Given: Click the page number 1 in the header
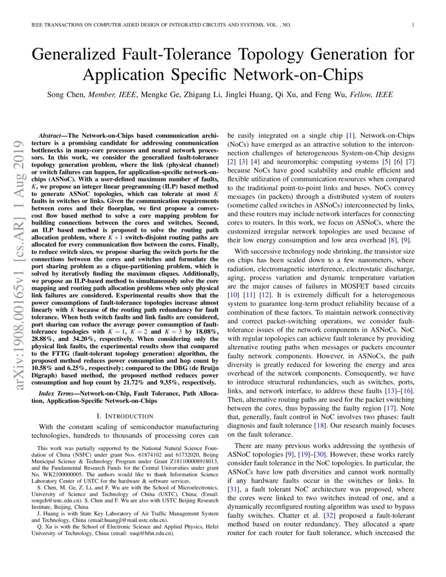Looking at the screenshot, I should [x=413, y=25].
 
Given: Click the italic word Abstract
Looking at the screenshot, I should [x=54, y=135].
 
